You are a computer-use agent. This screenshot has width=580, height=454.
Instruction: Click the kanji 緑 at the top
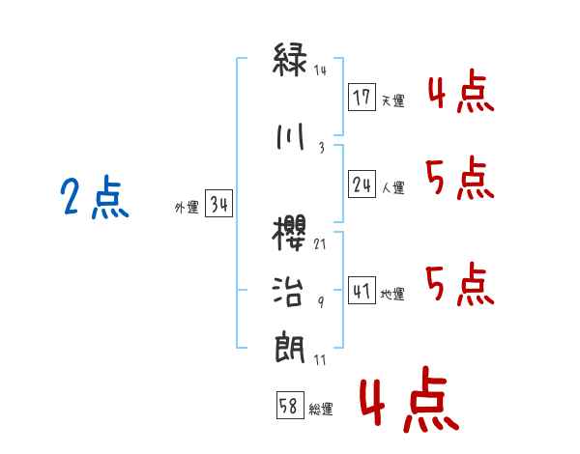[291, 60]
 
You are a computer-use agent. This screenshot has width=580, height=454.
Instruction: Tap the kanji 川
[291, 137]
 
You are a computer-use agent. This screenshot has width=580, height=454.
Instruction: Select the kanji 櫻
[291, 237]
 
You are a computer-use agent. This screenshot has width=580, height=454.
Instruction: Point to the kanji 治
[291, 292]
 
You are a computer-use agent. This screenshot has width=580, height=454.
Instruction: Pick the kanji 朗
[291, 347]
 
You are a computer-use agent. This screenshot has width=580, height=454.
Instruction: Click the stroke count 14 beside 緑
[321, 71]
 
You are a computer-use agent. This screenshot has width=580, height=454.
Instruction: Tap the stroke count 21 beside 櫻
[320, 245]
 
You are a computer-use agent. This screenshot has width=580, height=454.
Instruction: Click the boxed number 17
[362, 97]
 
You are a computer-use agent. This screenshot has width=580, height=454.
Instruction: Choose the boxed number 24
[362, 184]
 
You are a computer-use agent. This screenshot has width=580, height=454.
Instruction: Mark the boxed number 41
[362, 290]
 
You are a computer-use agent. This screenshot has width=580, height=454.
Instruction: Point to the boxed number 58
[289, 406]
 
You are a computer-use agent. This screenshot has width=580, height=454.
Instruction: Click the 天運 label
[392, 100]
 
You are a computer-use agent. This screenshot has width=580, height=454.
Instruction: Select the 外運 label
[187, 207]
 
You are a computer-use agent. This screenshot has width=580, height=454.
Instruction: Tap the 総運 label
[320, 410]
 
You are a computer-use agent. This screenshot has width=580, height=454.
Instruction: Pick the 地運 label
[392, 294]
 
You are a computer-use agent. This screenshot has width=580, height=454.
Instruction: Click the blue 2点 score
[94, 200]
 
